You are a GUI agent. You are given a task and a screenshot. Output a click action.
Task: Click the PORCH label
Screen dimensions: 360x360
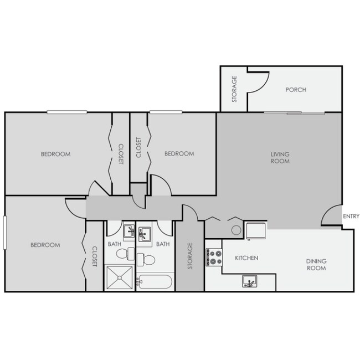(x=296, y=90)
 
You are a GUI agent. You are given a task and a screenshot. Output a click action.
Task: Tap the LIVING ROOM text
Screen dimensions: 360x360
(x=280, y=157)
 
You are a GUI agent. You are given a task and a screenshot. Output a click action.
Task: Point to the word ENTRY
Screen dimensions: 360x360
(x=351, y=216)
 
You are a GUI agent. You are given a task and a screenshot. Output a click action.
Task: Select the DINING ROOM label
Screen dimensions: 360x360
(x=317, y=265)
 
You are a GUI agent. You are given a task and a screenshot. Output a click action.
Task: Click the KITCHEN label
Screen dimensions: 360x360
(x=246, y=258)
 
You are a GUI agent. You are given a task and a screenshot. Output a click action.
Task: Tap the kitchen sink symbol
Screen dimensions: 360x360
(x=249, y=282)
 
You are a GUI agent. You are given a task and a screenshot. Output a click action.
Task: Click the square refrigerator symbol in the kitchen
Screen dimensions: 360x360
(x=256, y=231)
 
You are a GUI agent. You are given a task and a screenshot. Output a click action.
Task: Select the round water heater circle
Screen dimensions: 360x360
(x=236, y=230)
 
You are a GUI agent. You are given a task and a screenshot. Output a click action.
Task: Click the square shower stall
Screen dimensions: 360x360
(x=119, y=278)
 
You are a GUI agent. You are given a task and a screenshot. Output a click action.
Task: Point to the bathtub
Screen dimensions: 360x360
(x=155, y=282)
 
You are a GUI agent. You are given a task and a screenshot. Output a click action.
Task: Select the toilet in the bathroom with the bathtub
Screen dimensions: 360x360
(x=146, y=258)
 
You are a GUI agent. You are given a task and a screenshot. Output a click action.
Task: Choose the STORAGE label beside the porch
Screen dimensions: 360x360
(x=234, y=90)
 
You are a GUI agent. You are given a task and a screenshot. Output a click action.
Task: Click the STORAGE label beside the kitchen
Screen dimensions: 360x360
(x=189, y=256)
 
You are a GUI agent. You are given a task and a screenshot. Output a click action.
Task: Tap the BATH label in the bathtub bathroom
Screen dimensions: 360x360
(x=163, y=244)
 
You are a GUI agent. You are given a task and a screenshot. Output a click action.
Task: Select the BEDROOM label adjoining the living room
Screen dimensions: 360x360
(x=179, y=153)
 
